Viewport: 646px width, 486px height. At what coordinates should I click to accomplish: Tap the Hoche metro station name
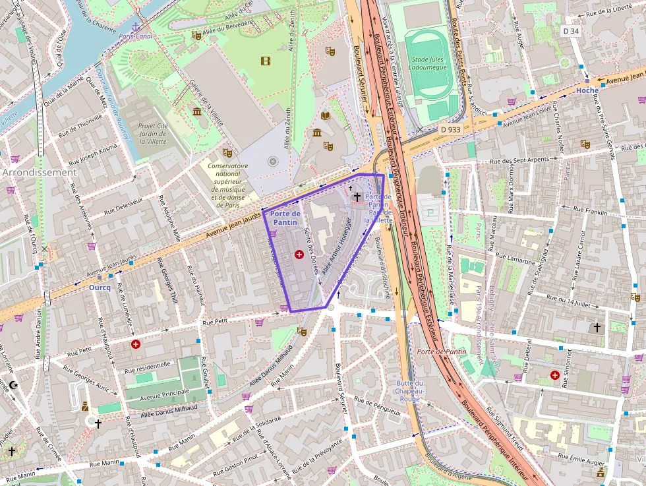point(587,90)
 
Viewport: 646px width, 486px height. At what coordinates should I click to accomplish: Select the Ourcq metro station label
point(100,288)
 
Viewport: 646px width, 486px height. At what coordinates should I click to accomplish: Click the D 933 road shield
point(450,130)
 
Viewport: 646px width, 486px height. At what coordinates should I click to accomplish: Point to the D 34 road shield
point(571,31)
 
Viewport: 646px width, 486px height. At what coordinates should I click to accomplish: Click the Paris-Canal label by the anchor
point(136,36)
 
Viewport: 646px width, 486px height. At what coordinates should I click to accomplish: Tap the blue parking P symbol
point(432,212)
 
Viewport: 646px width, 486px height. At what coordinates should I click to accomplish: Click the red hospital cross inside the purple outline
point(299,254)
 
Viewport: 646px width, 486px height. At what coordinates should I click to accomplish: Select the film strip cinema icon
point(266,61)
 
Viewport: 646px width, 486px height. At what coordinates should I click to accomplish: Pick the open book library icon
point(325,115)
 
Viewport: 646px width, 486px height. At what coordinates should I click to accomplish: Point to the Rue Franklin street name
point(590,211)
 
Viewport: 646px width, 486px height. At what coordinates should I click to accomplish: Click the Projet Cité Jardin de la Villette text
point(153,134)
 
